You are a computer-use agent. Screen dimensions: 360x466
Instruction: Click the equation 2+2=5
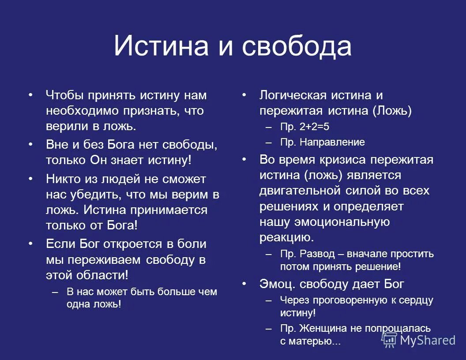click(314, 127)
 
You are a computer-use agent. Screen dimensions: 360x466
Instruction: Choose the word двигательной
click(300, 191)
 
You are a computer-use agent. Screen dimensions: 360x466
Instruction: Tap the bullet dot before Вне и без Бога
click(30, 144)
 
